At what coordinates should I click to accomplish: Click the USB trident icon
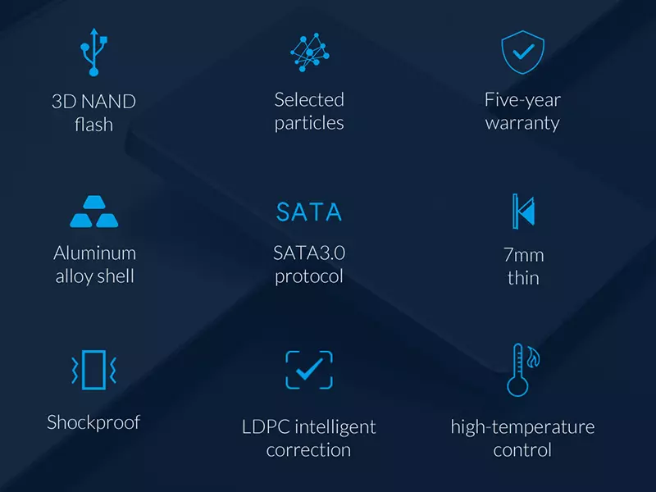pos(94,52)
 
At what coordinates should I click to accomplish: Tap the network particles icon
pos(310,52)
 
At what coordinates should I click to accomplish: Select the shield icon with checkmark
pos(522,52)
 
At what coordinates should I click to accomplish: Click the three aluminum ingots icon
pos(94,212)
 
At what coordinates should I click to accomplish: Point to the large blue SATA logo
pos(309,212)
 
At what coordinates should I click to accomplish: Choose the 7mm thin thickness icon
pos(523,212)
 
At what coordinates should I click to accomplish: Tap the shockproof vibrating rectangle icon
pos(93,370)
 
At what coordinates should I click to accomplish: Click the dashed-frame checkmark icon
pos(309,370)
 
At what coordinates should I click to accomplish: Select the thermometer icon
pos(517,370)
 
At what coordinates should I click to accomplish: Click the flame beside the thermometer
pos(533,358)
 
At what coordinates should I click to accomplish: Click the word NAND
pos(109,102)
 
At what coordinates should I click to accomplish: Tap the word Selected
pos(309,100)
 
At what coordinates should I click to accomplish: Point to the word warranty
pos(522,124)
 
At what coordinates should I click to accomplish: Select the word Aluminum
pos(94,253)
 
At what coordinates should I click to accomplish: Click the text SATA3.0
pos(309,253)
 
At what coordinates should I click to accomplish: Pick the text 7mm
pos(523,255)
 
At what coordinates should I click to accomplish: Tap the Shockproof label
pos(93,422)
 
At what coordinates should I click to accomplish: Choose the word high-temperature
pos(522,427)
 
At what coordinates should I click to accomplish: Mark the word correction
pos(309,450)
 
